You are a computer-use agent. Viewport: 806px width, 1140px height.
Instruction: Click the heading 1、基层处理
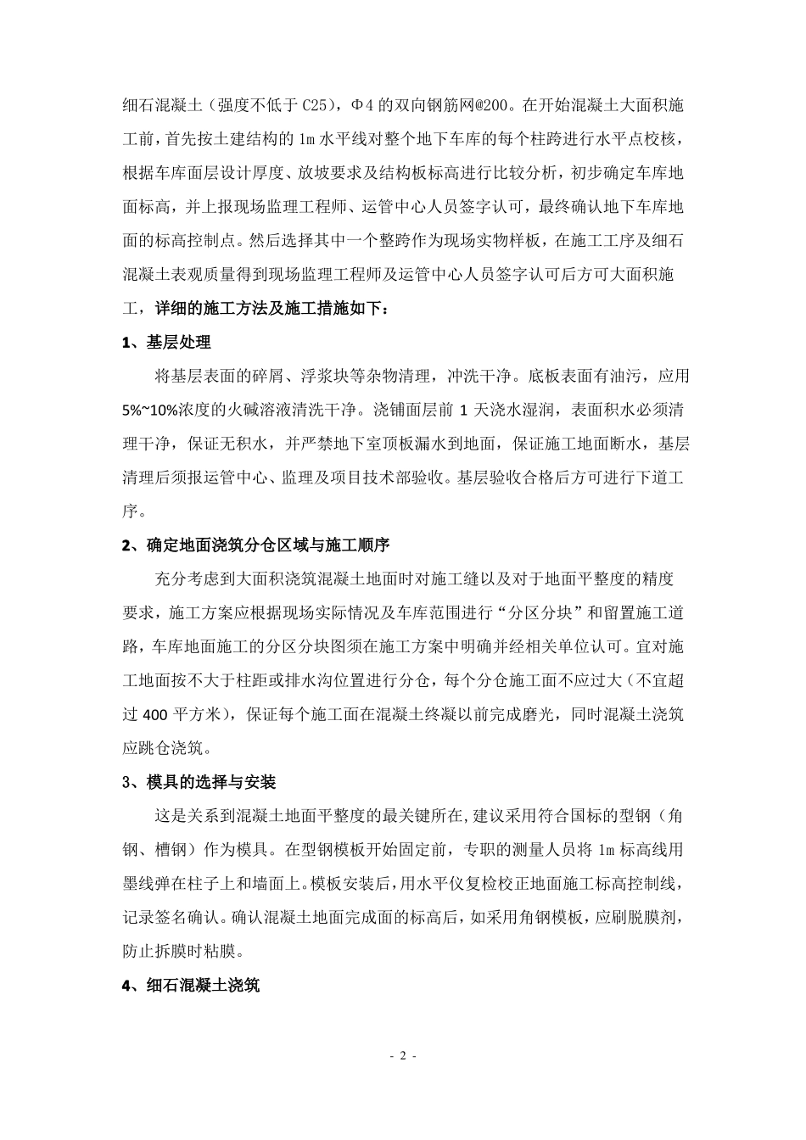tap(166, 343)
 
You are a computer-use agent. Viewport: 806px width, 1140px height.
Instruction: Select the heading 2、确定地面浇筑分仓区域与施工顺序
tap(256, 545)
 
